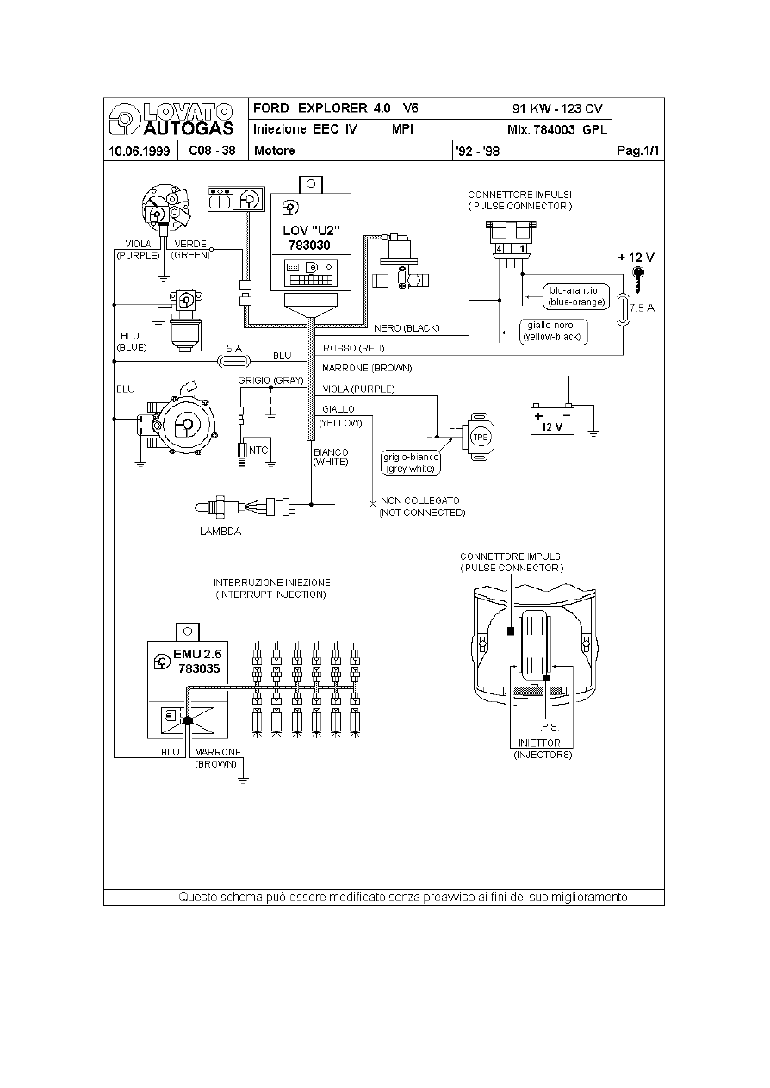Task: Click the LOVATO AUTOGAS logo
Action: [x=171, y=119]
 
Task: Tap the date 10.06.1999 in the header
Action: [x=140, y=151]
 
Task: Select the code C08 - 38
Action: [x=212, y=151]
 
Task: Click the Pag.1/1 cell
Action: [x=638, y=151]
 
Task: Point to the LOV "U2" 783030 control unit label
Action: [x=310, y=238]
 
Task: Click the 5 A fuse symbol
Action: [x=234, y=361]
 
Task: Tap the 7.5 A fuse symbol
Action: [x=624, y=308]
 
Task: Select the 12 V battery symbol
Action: [x=552, y=420]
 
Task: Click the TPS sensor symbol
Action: [x=479, y=437]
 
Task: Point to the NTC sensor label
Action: [x=258, y=451]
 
